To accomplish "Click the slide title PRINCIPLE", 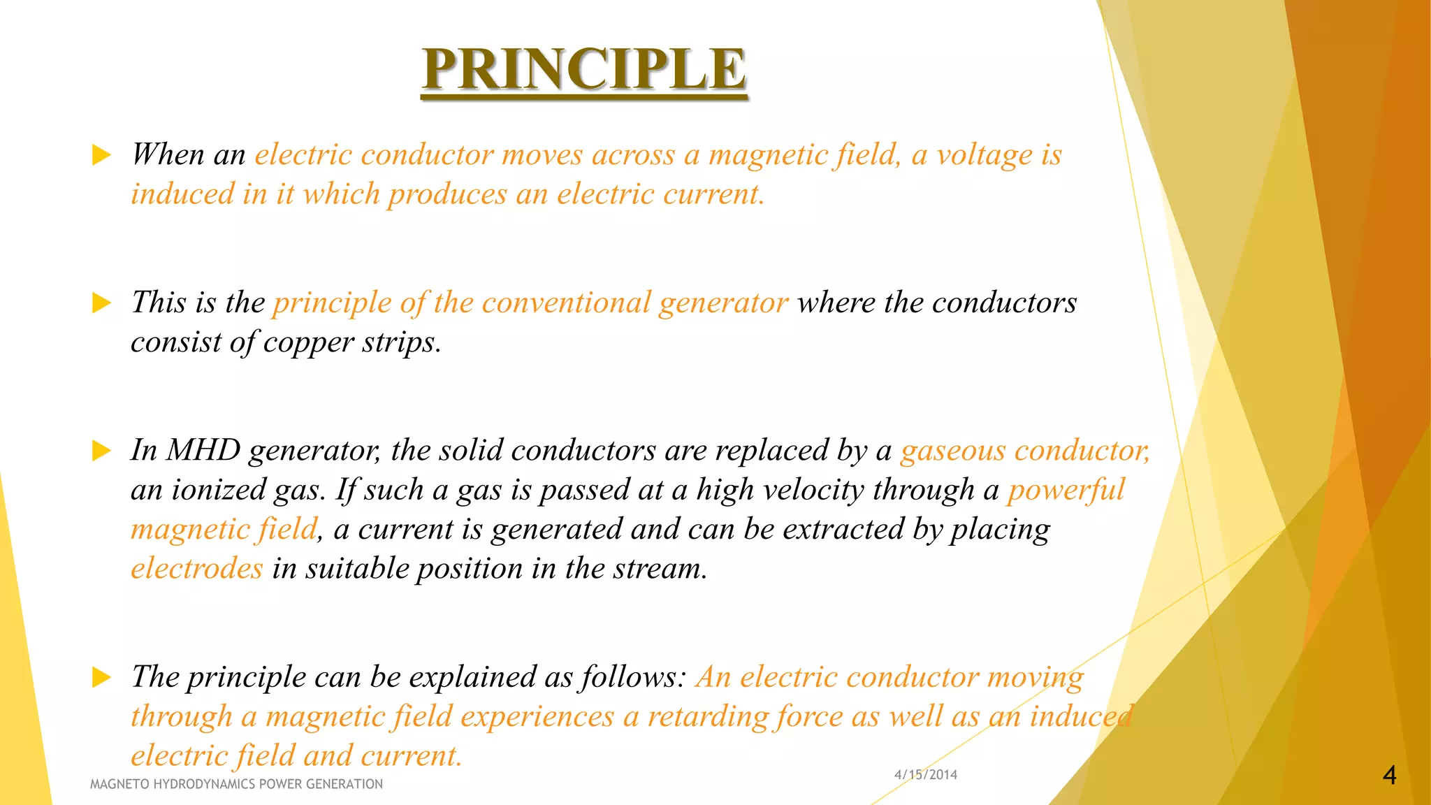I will point(584,69).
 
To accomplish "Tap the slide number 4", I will point(1389,775).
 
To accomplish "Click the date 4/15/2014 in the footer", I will point(925,774).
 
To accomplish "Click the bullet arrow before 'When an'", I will point(101,155).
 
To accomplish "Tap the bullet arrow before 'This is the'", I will point(101,303).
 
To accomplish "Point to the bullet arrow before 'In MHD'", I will point(101,451).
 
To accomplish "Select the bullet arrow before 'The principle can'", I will point(101,677).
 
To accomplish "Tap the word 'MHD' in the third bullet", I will point(203,451).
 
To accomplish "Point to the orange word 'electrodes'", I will point(196,569).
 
